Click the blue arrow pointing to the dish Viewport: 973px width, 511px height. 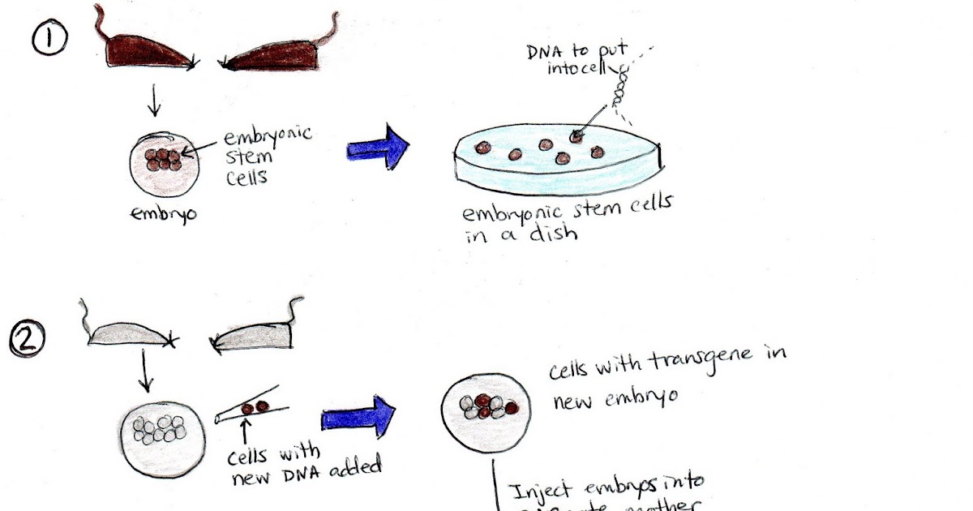[x=379, y=148]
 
